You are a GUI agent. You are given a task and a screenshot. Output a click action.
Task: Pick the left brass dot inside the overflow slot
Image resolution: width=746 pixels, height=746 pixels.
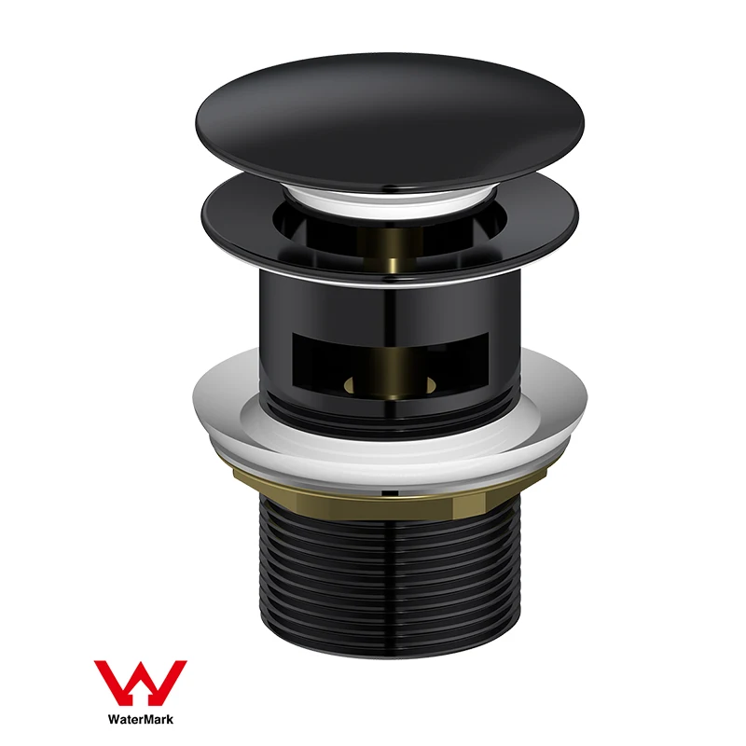pos(352,383)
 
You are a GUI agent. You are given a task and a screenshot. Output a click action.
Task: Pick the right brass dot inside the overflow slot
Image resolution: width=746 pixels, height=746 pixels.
pos(431,381)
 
